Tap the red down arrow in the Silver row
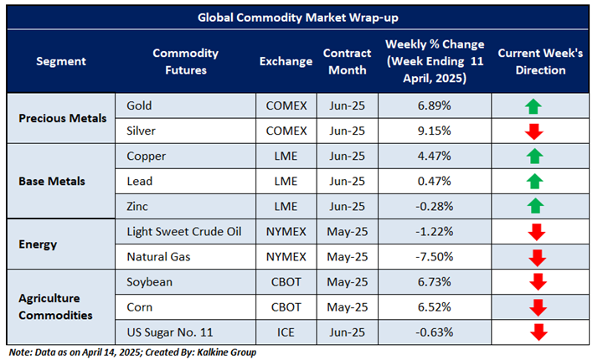[x=532, y=131]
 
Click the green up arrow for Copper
[x=532, y=156]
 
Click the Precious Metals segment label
[x=63, y=118]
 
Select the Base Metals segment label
[x=54, y=181]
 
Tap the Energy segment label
[x=39, y=243]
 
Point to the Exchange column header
[x=285, y=62]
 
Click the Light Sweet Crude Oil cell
[x=185, y=230]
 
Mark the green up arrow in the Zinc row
[x=532, y=206]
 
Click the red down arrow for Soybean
[x=532, y=280]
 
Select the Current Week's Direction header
[x=532, y=62]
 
